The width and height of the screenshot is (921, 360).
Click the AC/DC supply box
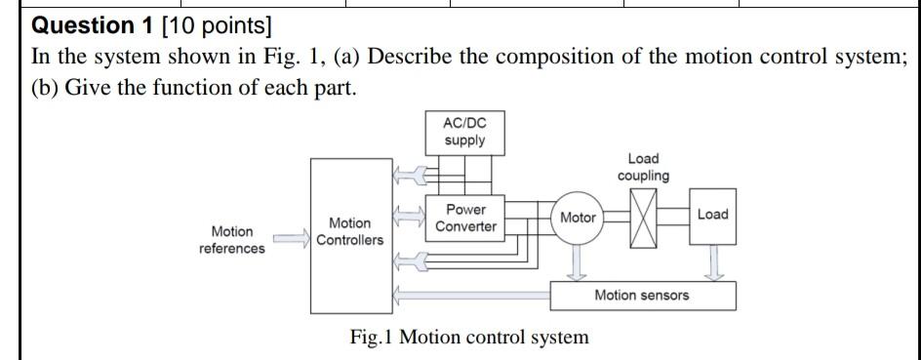tap(464, 132)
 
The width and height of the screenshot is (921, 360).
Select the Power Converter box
tap(465, 219)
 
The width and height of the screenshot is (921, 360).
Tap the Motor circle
tap(578, 218)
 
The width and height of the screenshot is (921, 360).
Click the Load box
tap(712, 215)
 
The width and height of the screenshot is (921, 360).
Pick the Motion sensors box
tap(642, 295)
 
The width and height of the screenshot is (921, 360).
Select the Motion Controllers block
tap(349, 232)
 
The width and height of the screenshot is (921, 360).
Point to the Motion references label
tap(231, 240)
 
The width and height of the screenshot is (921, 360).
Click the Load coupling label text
tap(643, 167)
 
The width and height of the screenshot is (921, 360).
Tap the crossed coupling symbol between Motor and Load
tap(643, 217)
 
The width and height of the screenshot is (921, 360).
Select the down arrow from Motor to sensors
tap(578, 261)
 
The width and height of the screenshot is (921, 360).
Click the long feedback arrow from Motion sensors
tap(468, 294)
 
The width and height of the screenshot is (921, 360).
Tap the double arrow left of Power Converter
tap(408, 213)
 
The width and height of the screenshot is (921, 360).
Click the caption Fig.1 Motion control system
tap(469, 338)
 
